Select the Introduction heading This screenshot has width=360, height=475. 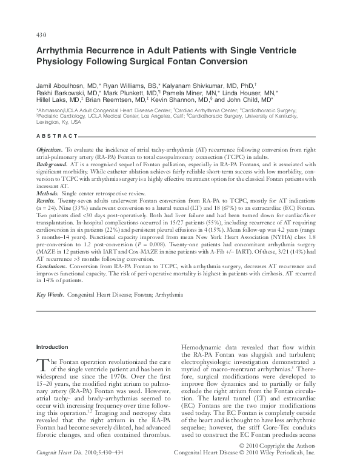(x=53, y=347)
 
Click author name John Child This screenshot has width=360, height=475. (x=258, y=99)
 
